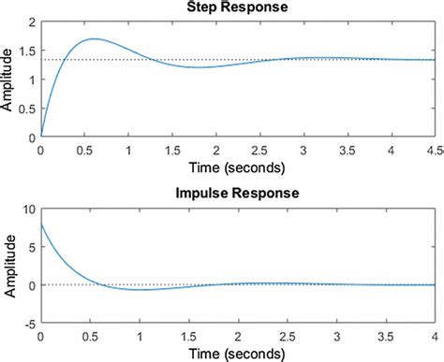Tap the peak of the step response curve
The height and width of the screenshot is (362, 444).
pos(93,39)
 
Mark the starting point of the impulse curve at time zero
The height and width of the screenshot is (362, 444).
pos(41,224)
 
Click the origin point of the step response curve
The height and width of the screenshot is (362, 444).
pos(41,137)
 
